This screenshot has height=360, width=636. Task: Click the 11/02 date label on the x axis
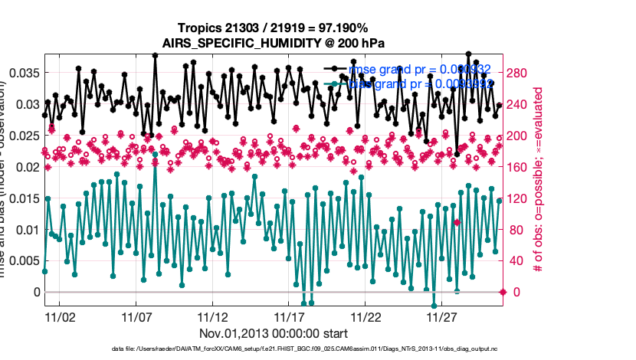pyautogui.click(x=60, y=316)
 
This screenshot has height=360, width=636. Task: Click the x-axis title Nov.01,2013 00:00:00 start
pyautogui.click(x=274, y=333)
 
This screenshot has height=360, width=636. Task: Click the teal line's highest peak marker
pyautogui.click(x=155, y=154)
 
